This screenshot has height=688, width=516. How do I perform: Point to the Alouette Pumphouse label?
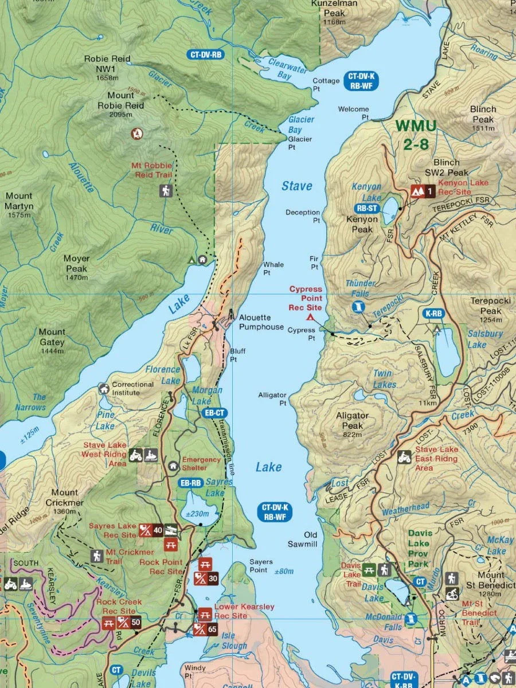pos(261,322)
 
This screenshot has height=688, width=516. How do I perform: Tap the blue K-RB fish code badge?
pos(433,314)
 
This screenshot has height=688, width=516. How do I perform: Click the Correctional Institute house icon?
pos(103,388)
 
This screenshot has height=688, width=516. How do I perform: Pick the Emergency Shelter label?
pos(201,464)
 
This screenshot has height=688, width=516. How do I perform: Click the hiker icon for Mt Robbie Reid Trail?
pos(166,190)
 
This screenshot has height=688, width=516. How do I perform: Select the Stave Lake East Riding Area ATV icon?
pos(404,457)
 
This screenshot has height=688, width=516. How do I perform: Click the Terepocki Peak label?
pos(486,306)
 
